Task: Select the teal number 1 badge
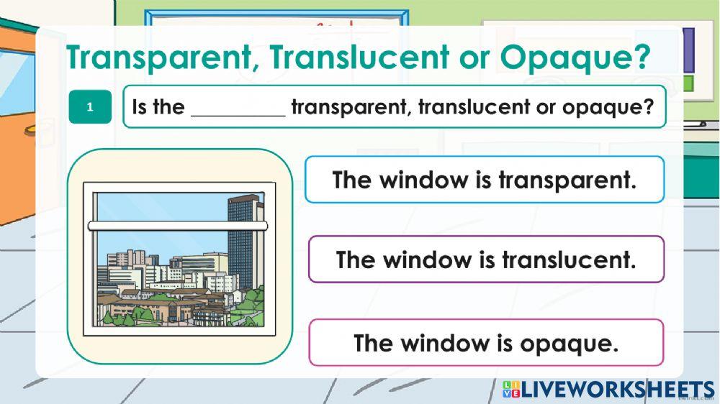click(90, 107)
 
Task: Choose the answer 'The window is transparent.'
click(484, 179)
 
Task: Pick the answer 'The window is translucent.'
click(486, 259)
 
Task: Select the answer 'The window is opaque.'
click(486, 343)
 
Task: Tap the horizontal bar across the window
click(177, 226)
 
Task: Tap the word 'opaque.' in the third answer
click(576, 343)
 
